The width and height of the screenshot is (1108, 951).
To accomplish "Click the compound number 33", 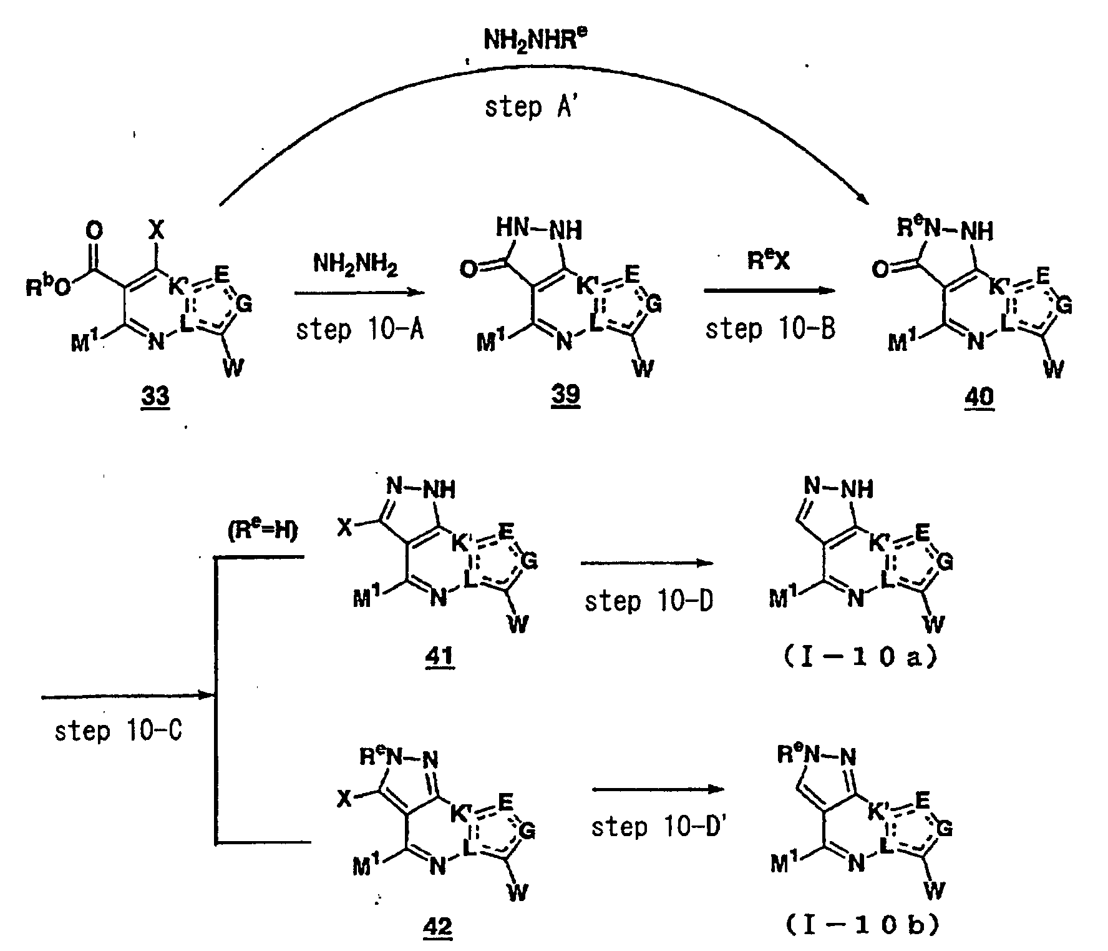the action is [156, 396].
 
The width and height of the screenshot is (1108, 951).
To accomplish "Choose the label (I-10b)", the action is [864, 927].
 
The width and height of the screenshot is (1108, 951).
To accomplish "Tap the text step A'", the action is [532, 107].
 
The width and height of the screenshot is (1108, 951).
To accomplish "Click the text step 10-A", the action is [359, 329].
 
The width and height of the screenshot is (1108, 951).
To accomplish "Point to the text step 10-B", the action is [770, 329].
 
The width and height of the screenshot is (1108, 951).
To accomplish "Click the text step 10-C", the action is [118, 730].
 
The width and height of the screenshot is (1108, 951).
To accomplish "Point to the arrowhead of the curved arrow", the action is [863, 198].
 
